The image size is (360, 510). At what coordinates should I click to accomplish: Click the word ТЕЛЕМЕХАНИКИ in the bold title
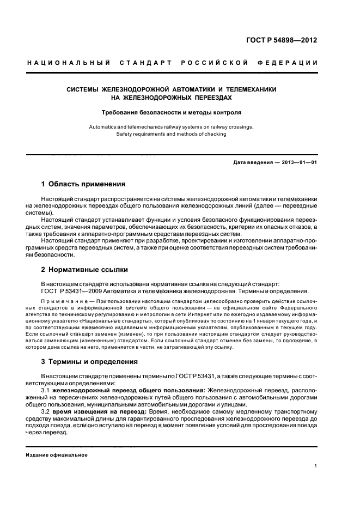pyautogui.click(x=251, y=89)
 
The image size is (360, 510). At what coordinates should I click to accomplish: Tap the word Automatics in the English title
pyautogui.click(x=103, y=126)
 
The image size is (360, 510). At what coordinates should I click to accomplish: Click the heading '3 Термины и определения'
pyautogui.click(x=90, y=362)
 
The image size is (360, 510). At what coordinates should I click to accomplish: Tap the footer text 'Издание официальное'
pyautogui.click(x=57, y=454)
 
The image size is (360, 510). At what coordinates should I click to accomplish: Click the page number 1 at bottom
pyautogui.click(x=316, y=466)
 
